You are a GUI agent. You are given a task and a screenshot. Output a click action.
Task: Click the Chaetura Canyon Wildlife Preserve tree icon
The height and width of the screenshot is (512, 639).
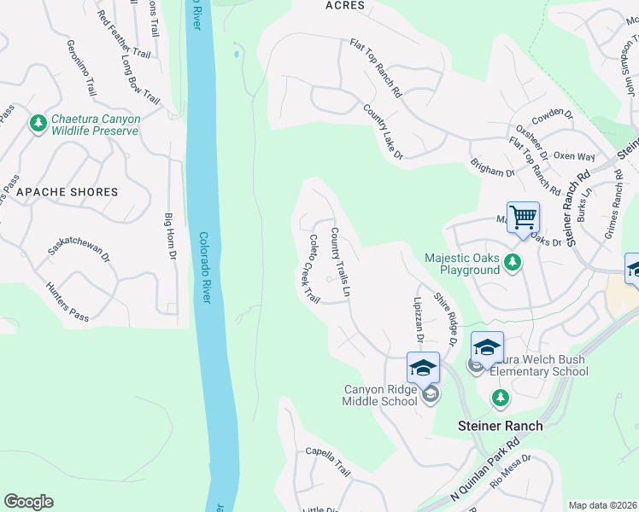point(38,125)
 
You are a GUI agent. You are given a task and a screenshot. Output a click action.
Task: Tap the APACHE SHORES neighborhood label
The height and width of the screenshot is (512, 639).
point(67,192)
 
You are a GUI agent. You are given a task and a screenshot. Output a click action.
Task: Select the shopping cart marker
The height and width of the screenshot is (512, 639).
point(523,216)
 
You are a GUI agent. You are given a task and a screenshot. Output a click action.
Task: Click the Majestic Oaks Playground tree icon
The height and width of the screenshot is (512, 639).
point(512,262)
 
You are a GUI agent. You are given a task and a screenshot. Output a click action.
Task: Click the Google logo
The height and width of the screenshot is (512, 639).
point(28,502)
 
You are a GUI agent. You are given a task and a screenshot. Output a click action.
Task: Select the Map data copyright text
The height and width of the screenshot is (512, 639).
point(603,505)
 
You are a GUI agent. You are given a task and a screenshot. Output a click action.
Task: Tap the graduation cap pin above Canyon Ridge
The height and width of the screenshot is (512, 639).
point(423,367)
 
